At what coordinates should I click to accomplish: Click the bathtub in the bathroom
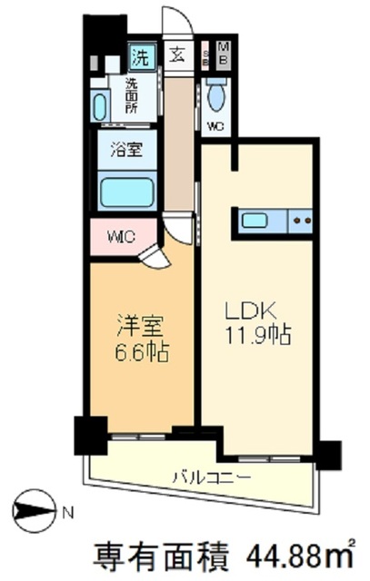click(125, 192)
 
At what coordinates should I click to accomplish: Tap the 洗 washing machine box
click(141, 57)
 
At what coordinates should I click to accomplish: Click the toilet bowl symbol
click(216, 94)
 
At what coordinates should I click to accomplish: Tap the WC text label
click(215, 125)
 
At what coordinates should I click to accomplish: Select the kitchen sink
click(255, 220)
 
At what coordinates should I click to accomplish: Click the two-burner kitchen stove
click(300, 221)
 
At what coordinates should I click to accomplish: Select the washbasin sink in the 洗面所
click(99, 104)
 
